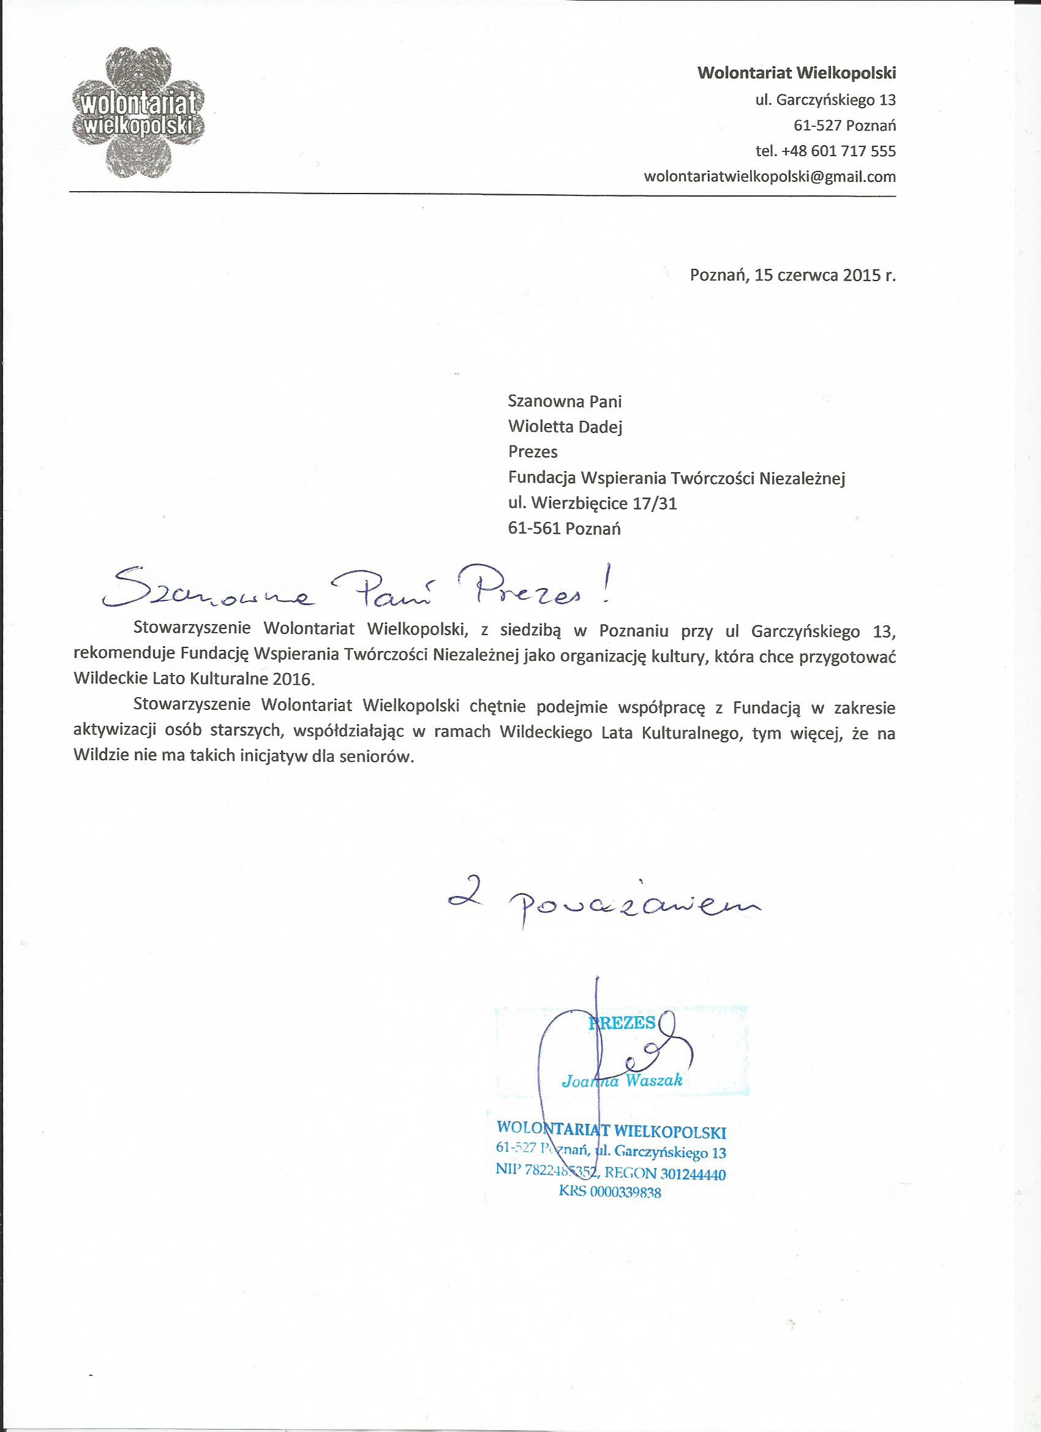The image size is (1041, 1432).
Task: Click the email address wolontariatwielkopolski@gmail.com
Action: [769, 177]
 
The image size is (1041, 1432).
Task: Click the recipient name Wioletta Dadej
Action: [565, 427]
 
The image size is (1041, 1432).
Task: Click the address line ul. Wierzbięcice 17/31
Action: [592, 503]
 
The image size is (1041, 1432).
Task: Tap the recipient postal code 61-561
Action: [534, 529]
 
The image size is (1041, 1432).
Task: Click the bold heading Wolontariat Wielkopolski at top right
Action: [796, 73]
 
